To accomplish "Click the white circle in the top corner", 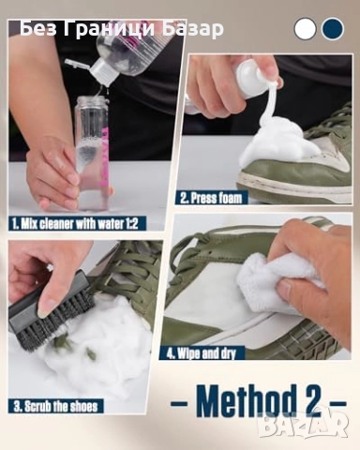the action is tap(305, 29).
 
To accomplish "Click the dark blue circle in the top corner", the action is tap(333, 29).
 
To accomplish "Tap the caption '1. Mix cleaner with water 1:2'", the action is tap(75, 224).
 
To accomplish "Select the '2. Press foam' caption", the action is tap(211, 198).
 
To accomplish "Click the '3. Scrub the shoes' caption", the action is tap(55, 407).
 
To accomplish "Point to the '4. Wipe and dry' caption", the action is tap(202, 353).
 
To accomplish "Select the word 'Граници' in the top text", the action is tap(110, 29).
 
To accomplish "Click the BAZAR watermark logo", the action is tap(303, 424).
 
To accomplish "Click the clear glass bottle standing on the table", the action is tap(91, 154).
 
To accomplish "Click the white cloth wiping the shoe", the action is tap(275, 283).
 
